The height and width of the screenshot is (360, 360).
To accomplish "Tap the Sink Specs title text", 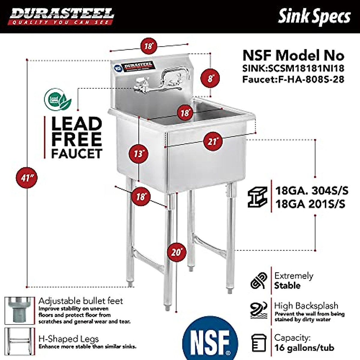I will (x=314, y=16).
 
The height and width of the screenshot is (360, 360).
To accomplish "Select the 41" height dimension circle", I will (x=27, y=178).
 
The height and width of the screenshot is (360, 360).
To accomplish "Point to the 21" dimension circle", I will (x=213, y=141).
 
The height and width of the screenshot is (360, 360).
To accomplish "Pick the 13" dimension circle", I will (x=139, y=154).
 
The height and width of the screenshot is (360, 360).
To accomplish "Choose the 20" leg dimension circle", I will (x=177, y=252).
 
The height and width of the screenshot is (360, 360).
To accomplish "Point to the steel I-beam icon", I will (x=257, y=197).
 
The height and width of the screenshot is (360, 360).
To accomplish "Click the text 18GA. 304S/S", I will (x=312, y=190).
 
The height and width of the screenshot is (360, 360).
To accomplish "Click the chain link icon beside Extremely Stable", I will (x=259, y=281).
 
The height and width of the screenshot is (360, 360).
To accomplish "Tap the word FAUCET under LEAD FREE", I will (x=77, y=153).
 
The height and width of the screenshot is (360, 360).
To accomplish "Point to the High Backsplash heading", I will (x=306, y=306).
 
